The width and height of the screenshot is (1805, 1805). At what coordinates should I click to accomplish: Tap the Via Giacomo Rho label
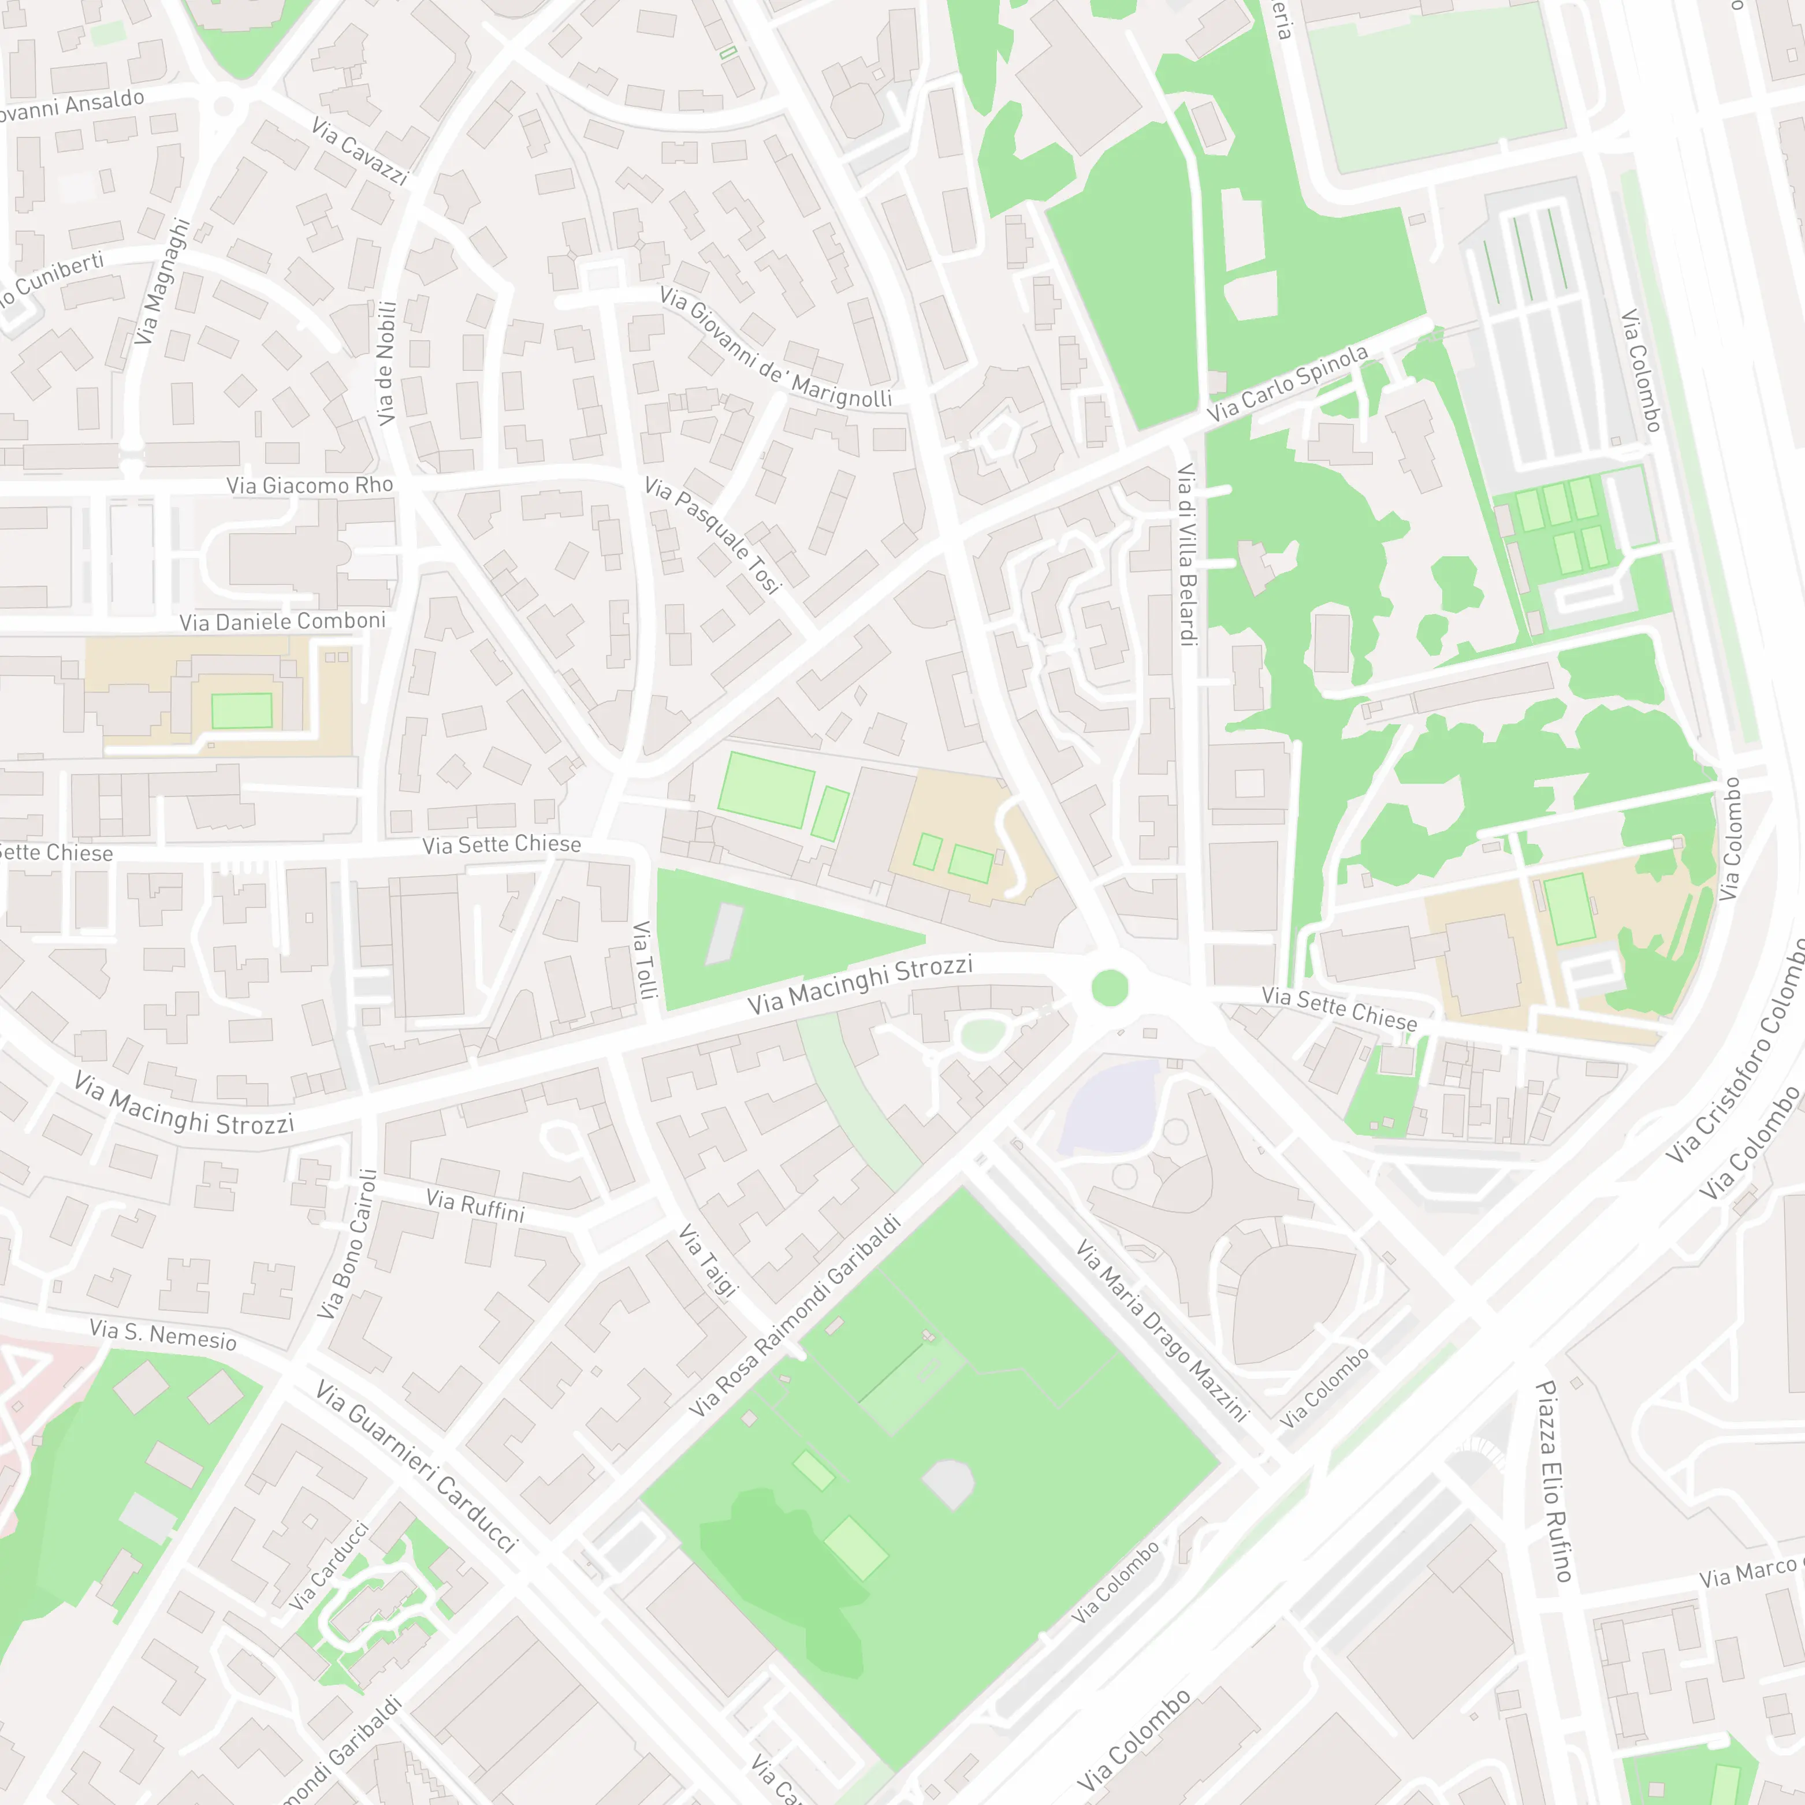(309, 485)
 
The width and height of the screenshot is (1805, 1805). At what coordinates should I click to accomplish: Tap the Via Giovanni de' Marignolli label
(776, 348)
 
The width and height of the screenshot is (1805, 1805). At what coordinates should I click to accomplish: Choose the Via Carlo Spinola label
(1287, 383)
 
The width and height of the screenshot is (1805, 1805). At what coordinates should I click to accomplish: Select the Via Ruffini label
(475, 1205)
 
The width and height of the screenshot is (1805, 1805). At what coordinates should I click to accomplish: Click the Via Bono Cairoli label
(347, 1244)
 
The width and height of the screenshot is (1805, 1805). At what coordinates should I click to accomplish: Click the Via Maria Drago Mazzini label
(1162, 1330)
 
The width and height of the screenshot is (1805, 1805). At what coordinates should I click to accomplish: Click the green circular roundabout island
(1110, 988)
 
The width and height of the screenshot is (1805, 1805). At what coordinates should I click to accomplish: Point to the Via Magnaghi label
(161, 281)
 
